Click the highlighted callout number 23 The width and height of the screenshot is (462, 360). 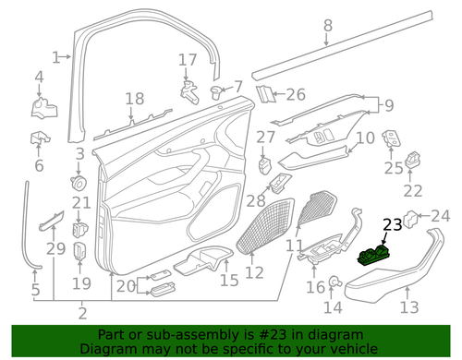(x=392, y=224)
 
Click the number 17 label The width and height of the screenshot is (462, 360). (x=188, y=60)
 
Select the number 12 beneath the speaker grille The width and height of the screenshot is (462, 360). (x=254, y=271)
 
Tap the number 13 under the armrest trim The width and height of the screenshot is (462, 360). (x=407, y=307)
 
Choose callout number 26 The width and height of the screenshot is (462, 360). (x=295, y=93)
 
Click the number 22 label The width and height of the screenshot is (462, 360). (x=412, y=191)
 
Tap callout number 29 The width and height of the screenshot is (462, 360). (x=55, y=249)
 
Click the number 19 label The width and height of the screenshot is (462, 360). (x=82, y=283)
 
